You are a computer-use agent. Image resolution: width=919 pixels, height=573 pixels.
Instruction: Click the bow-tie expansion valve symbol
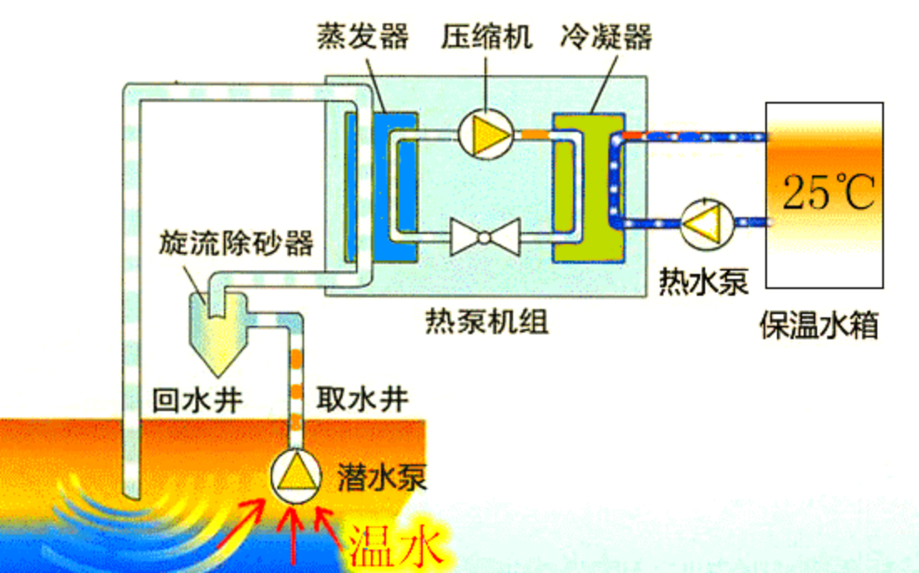coord(485,237)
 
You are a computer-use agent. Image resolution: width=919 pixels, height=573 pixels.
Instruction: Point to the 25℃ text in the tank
coord(828,193)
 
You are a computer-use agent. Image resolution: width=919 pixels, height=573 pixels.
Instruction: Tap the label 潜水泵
coord(383,477)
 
